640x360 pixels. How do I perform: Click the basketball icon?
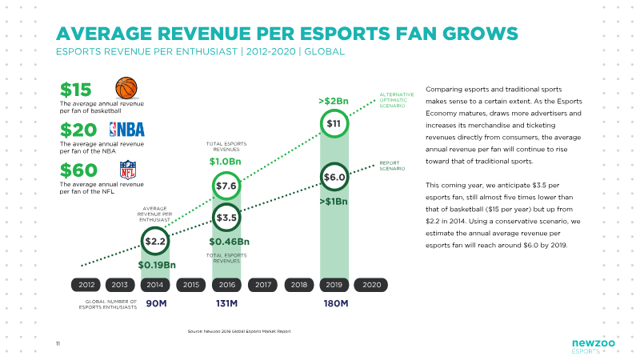tap(126, 88)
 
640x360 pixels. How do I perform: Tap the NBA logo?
tap(127, 130)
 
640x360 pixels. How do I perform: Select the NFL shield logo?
tap(128, 170)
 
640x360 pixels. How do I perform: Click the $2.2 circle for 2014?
tap(155, 242)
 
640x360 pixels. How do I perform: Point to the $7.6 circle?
tap(226, 186)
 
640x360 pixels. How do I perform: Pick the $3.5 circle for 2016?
tap(226, 218)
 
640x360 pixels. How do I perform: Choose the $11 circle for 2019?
tap(334, 123)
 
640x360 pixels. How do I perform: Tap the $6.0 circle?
tap(334, 177)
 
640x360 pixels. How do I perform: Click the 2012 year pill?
tap(86, 285)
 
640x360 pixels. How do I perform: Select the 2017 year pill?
tap(263, 285)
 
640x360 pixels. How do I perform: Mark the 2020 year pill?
tap(371, 285)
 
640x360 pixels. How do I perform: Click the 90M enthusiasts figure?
tap(156, 303)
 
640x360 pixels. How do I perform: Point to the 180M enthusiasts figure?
tap(336, 303)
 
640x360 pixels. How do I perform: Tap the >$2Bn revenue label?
tap(334, 102)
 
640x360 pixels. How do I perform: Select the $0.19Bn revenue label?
tap(157, 265)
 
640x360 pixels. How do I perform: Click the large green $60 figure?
tap(78, 170)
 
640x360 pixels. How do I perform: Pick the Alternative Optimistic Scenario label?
tap(396, 100)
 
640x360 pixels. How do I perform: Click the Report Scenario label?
tap(392, 166)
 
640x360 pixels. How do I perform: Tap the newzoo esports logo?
tap(593, 346)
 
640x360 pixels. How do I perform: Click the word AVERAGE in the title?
tap(104, 34)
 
